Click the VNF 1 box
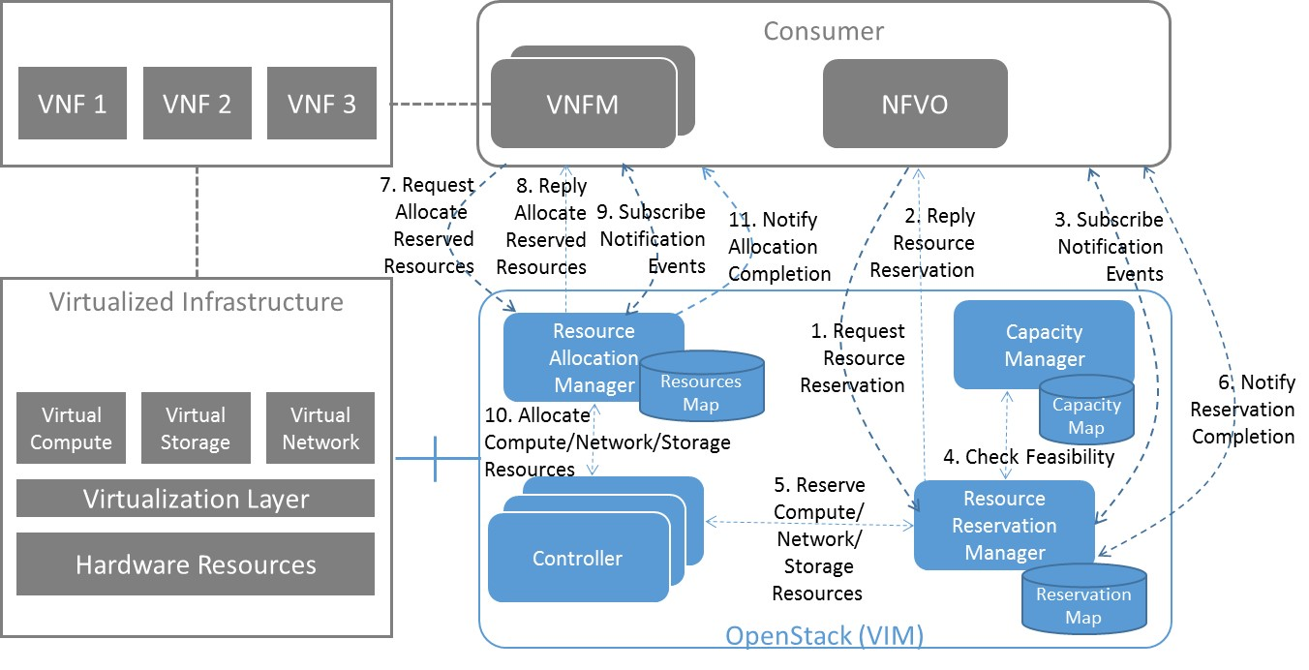73,103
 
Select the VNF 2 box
197,103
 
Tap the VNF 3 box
321,103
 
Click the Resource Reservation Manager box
1004,525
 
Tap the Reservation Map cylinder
1083,605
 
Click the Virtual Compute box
71,428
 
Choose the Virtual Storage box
196,428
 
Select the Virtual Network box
320,428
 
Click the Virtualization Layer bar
196,499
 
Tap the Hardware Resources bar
196,563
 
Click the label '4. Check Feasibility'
1030,456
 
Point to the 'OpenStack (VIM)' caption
824,636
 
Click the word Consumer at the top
823,31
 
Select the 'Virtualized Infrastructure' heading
196,301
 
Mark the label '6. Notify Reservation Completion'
1243,409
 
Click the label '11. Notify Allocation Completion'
778,247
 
